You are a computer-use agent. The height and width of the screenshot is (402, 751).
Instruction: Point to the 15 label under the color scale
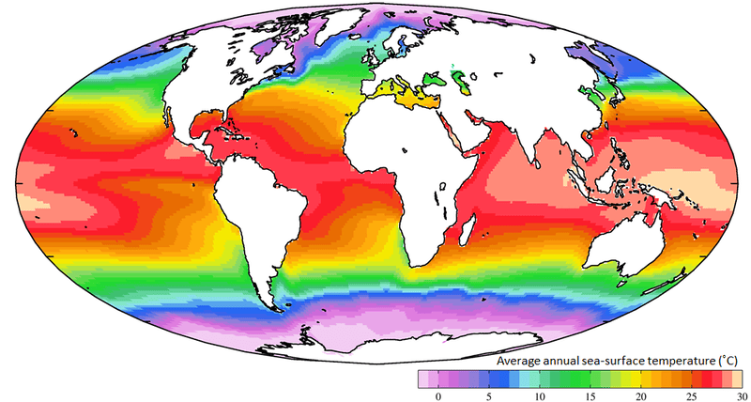(590, 395)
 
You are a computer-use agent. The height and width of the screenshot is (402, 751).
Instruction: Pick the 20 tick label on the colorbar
(642, 395)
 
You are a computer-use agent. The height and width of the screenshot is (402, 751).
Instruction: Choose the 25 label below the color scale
(693, 395)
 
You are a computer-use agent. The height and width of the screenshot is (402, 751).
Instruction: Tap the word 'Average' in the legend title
(518, 361)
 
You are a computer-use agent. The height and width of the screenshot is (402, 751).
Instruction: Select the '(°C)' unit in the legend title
(726, 361)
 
